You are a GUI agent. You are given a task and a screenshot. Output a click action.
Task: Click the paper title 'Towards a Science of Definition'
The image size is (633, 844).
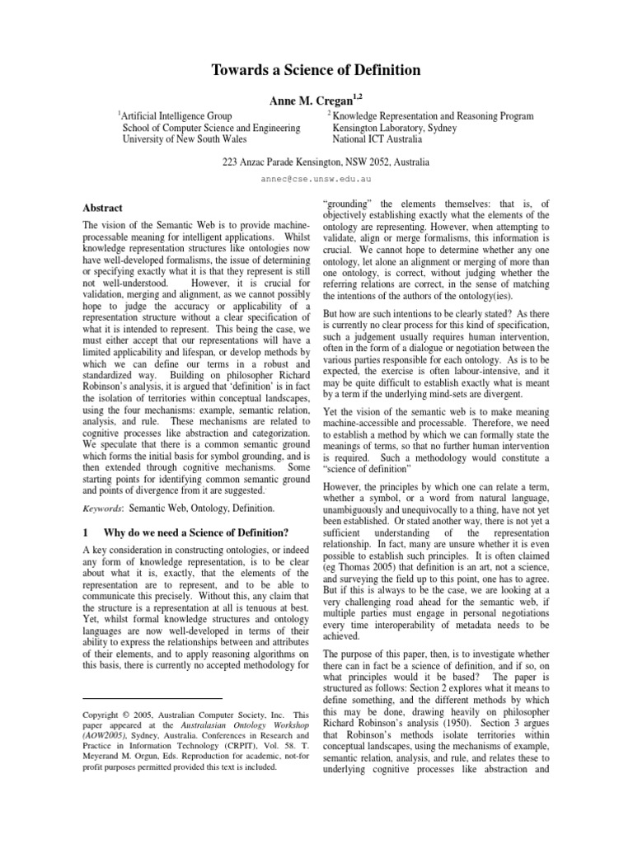[x=316, y=71]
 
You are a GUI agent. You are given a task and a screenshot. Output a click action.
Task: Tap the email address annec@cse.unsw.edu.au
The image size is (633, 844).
[x=316, y=178]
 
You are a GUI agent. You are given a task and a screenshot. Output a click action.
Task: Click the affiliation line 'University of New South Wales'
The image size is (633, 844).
[x=185, y=139]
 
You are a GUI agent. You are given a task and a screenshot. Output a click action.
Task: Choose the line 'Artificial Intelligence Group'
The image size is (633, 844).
[x=176, y=116]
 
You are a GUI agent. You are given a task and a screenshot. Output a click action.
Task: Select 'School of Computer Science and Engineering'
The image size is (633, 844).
[x=210, y=128]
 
